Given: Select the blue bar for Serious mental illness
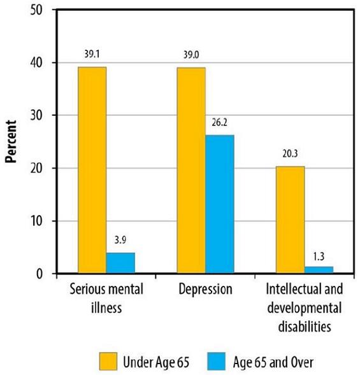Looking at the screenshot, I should tap(120, 263).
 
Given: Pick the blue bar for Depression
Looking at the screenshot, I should tap(220, 204).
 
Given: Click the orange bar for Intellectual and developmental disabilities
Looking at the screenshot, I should tap(290, 220).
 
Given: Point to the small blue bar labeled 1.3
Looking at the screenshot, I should tap(319, 270).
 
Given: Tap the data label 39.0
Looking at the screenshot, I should tap(192, 55).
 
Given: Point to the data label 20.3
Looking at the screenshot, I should tap(291, 154).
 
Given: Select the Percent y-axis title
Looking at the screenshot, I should tap(11, 141).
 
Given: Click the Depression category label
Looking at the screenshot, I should tap(205, 290).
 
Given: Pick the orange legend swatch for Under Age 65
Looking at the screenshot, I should tap(110, 362).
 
